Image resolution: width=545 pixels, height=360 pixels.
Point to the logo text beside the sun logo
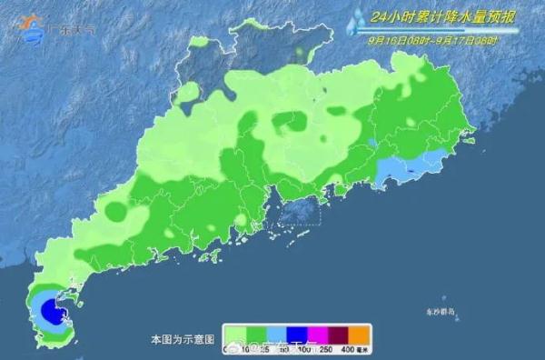point(76,29)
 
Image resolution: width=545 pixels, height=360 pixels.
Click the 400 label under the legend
point(347,350)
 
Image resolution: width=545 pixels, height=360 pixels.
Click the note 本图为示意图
point(183,338)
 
